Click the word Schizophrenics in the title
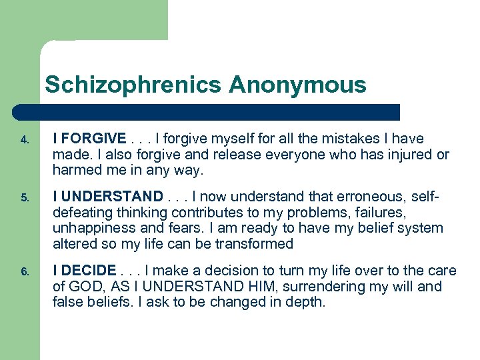coord(133,85)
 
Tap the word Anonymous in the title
coord(297,85)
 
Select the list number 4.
coord(23,141)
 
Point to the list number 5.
coord(23,198)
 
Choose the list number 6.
coord(23,272)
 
